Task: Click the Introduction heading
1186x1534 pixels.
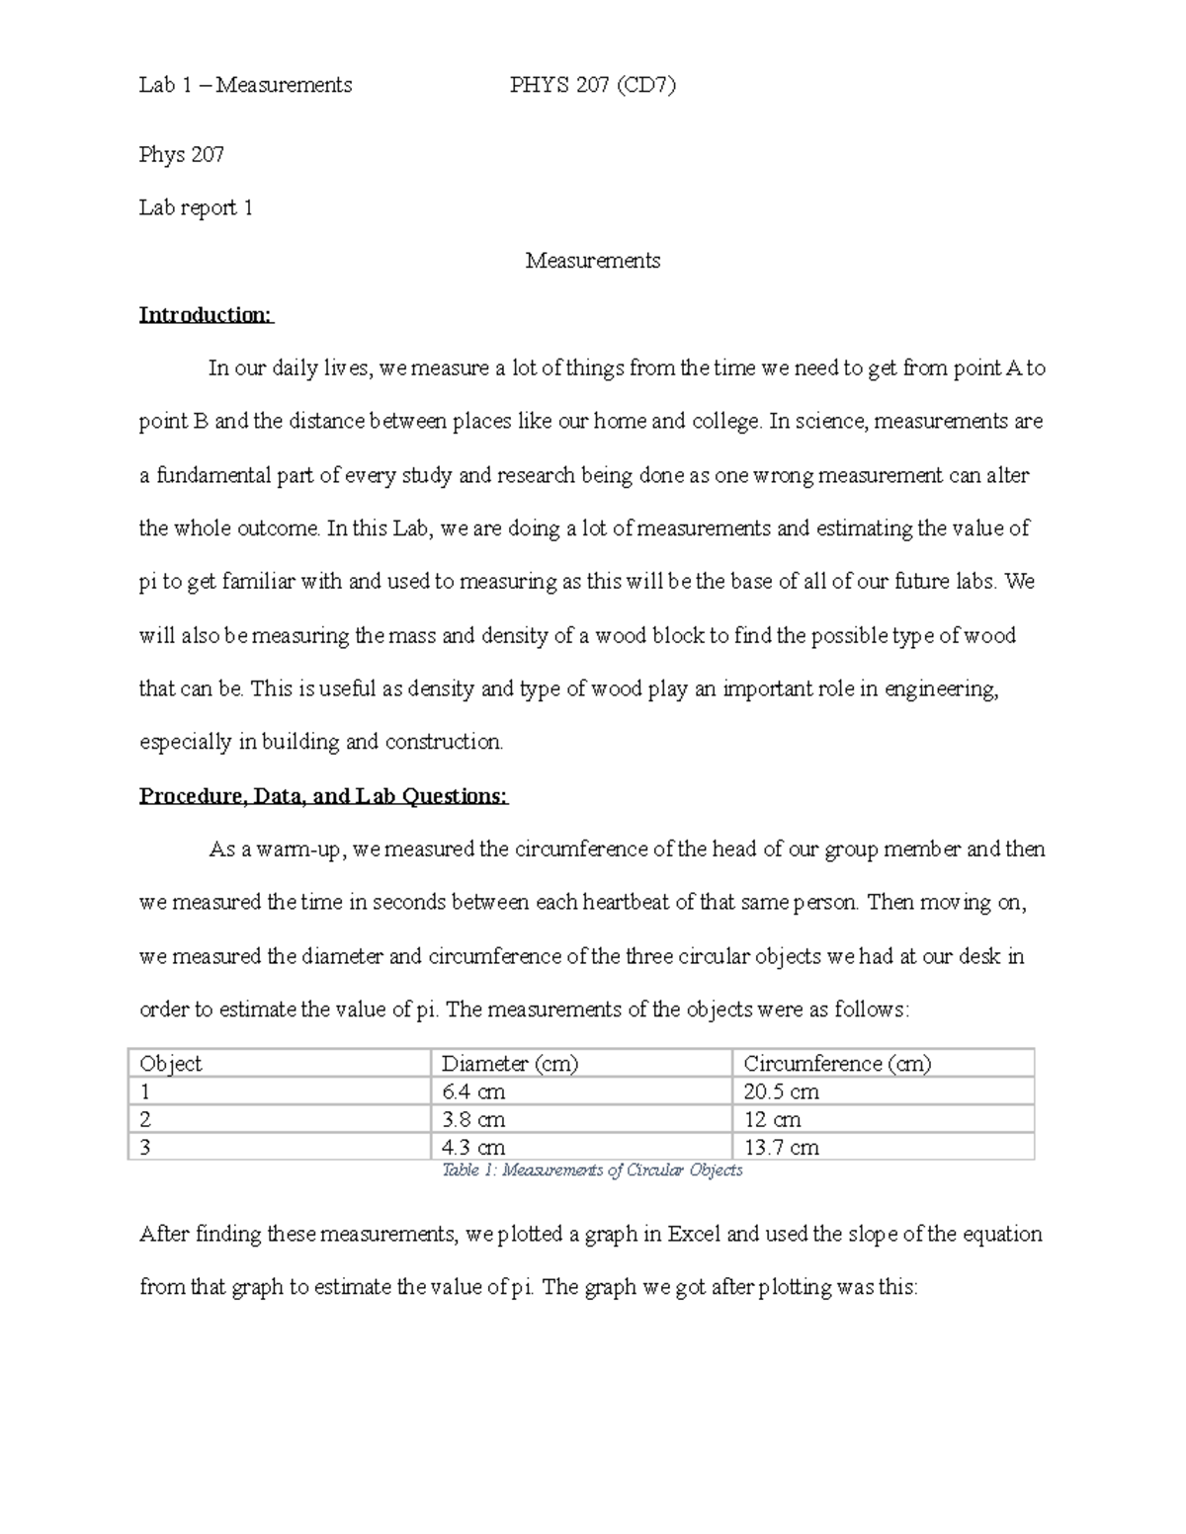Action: [206, 315]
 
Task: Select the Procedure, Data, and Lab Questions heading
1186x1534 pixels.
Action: [323, 796]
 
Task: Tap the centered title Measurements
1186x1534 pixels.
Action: [592, 261]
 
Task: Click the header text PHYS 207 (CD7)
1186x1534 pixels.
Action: [592, 85]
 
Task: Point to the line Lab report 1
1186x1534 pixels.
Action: [196, 207]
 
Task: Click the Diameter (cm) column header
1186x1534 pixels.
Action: [510, 1064]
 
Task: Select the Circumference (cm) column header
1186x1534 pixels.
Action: [837, 1064]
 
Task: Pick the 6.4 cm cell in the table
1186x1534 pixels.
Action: [473, 1091]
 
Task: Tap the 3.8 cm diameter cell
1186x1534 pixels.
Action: [473, 1119]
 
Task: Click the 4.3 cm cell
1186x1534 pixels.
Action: [473, 1147]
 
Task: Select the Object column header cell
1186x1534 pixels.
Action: [171, 1064]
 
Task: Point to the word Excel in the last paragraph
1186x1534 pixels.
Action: [696, 1234]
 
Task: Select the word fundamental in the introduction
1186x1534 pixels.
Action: [210, 475]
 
